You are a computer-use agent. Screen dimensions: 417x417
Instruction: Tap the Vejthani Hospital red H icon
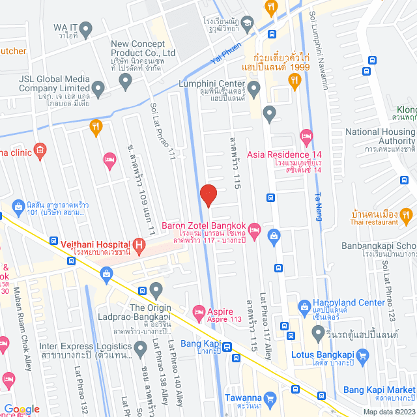(x=138, y=246)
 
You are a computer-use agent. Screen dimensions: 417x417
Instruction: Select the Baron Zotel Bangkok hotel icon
(x=255, y=229)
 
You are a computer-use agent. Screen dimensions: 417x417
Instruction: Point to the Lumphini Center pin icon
(x=254, y=87)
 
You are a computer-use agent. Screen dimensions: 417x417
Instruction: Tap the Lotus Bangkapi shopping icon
(x=364, y=356)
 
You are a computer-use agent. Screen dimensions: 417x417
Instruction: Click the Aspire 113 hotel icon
(x=199, y=312)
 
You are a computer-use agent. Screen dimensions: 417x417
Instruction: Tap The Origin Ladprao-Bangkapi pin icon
(x=155, y=289)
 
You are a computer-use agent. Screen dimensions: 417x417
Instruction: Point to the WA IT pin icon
(x=85, y=28)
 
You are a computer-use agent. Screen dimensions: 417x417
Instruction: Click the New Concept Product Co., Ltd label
(x=143, y=48)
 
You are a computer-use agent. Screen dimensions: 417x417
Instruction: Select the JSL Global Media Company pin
(x=98, y=87)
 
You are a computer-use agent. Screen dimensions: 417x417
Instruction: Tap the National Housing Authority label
(x=379, y=136)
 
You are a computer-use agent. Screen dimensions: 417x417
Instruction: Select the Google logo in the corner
(x=22, y=409)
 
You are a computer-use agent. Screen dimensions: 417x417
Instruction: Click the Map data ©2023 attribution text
(x=387, y=411)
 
